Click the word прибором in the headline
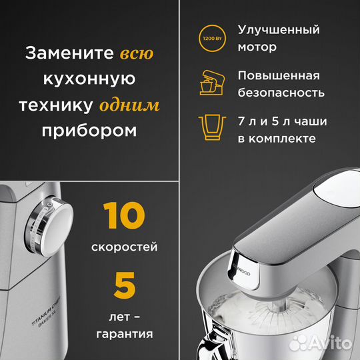click(x=91, y=131)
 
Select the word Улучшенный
click(x=278, y=30)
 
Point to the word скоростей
click(x=124, y=247)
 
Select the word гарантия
click(x=124, y=333)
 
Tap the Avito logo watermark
click(x=325, y=342)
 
